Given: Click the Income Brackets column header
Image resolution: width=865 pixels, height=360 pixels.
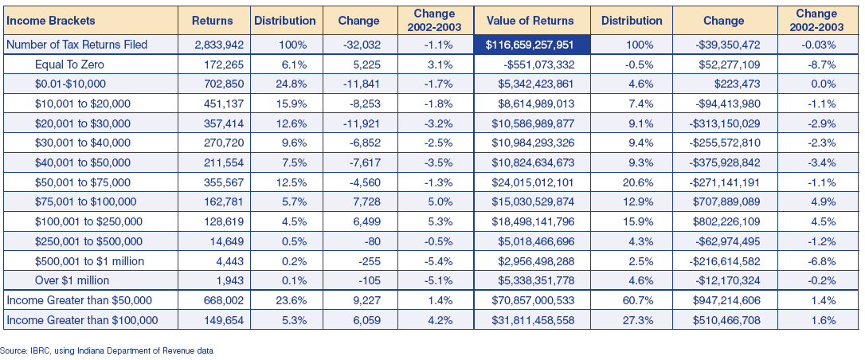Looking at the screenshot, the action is [51, 21].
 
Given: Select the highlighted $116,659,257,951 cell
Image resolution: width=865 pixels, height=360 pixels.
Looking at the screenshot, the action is [532, 45].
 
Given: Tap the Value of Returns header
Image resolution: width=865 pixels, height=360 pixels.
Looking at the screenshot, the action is [530, 21].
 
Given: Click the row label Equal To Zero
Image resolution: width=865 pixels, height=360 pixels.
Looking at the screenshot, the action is [69, 65].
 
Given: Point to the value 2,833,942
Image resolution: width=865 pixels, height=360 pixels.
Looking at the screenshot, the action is [218, 45].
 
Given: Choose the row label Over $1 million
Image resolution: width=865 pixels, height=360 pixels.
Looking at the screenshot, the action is [72, 280].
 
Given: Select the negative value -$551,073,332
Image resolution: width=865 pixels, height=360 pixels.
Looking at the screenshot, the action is [539, 65].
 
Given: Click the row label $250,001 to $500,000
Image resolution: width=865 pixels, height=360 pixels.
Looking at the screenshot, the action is [89, 241].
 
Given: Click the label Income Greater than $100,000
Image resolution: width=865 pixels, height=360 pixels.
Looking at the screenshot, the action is [82, 319].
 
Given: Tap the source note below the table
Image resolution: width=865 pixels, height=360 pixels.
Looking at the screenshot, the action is [107, 350].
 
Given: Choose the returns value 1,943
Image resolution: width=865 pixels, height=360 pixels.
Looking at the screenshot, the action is [231, 280].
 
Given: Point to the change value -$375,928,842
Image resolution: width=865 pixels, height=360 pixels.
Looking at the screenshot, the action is [725, 162].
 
